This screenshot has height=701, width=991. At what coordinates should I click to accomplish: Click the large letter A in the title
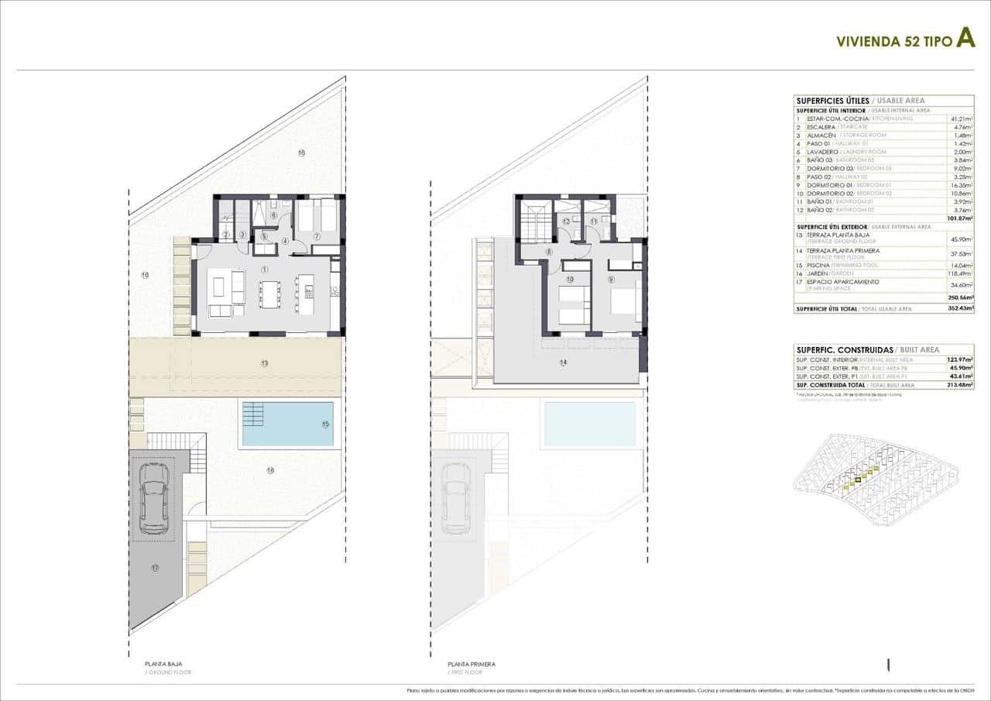tap(965, 38)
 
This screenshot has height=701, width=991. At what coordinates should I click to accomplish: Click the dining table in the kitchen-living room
tap(270, 293)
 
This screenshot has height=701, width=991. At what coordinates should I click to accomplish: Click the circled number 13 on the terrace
tap(264, 363)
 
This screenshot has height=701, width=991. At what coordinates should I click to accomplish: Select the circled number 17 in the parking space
tap(155, 569)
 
